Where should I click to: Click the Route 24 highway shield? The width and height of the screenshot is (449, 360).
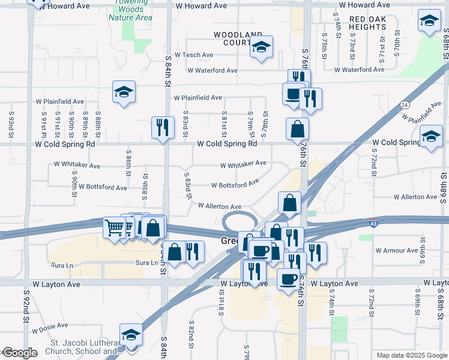(405, 105)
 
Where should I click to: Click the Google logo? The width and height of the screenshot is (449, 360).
(20, 353)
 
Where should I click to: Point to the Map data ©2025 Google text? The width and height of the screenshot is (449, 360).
(411, 355)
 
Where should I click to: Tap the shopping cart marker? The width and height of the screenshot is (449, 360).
(113, 227)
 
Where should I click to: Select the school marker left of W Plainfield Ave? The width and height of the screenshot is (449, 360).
(124, 92)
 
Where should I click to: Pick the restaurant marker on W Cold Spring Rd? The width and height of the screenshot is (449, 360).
(163, 128)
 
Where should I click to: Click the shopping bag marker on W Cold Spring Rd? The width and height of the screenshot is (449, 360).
(297, 129)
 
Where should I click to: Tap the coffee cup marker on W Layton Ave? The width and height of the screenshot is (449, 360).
(288, 279)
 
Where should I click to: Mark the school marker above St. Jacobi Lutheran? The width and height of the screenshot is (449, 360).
(131, 335)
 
